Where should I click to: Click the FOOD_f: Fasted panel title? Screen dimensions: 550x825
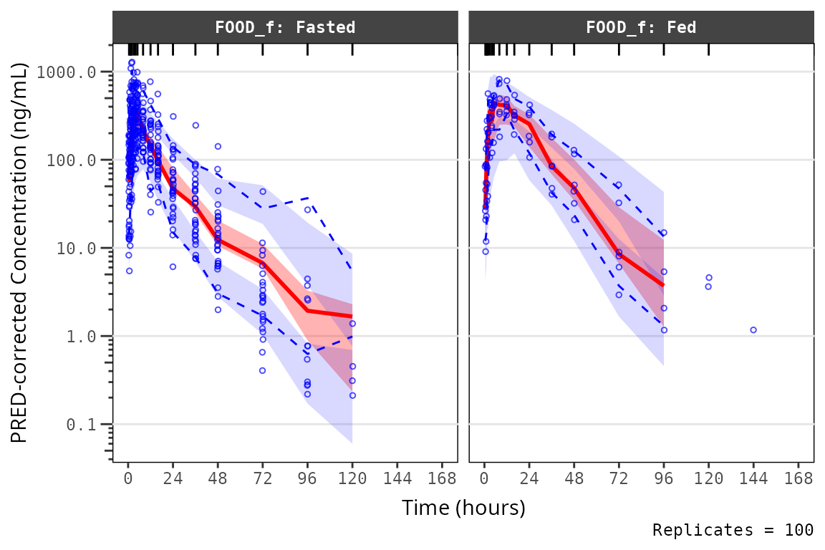(285, 28)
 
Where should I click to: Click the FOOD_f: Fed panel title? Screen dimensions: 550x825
(641, 28)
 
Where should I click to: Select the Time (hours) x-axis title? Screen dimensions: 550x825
(463, 508)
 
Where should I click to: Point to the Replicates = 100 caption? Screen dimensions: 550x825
(733, 531)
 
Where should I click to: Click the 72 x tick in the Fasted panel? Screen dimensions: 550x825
(263, 478)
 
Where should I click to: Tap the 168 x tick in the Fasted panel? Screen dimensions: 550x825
(442, 478)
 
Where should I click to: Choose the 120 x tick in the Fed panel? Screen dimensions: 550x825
(708, 478)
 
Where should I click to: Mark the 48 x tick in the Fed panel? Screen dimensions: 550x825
(574, 478)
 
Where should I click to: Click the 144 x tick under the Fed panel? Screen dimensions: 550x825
(753, 478)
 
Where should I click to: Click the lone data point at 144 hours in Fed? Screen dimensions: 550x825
(753, 330)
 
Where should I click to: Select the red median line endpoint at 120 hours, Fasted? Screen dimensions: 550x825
(352, 317)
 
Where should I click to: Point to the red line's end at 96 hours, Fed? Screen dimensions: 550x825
(664, 285)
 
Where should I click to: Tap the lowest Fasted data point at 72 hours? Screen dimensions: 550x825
(263, 370)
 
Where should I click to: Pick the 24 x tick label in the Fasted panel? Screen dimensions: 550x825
(173, 478)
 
